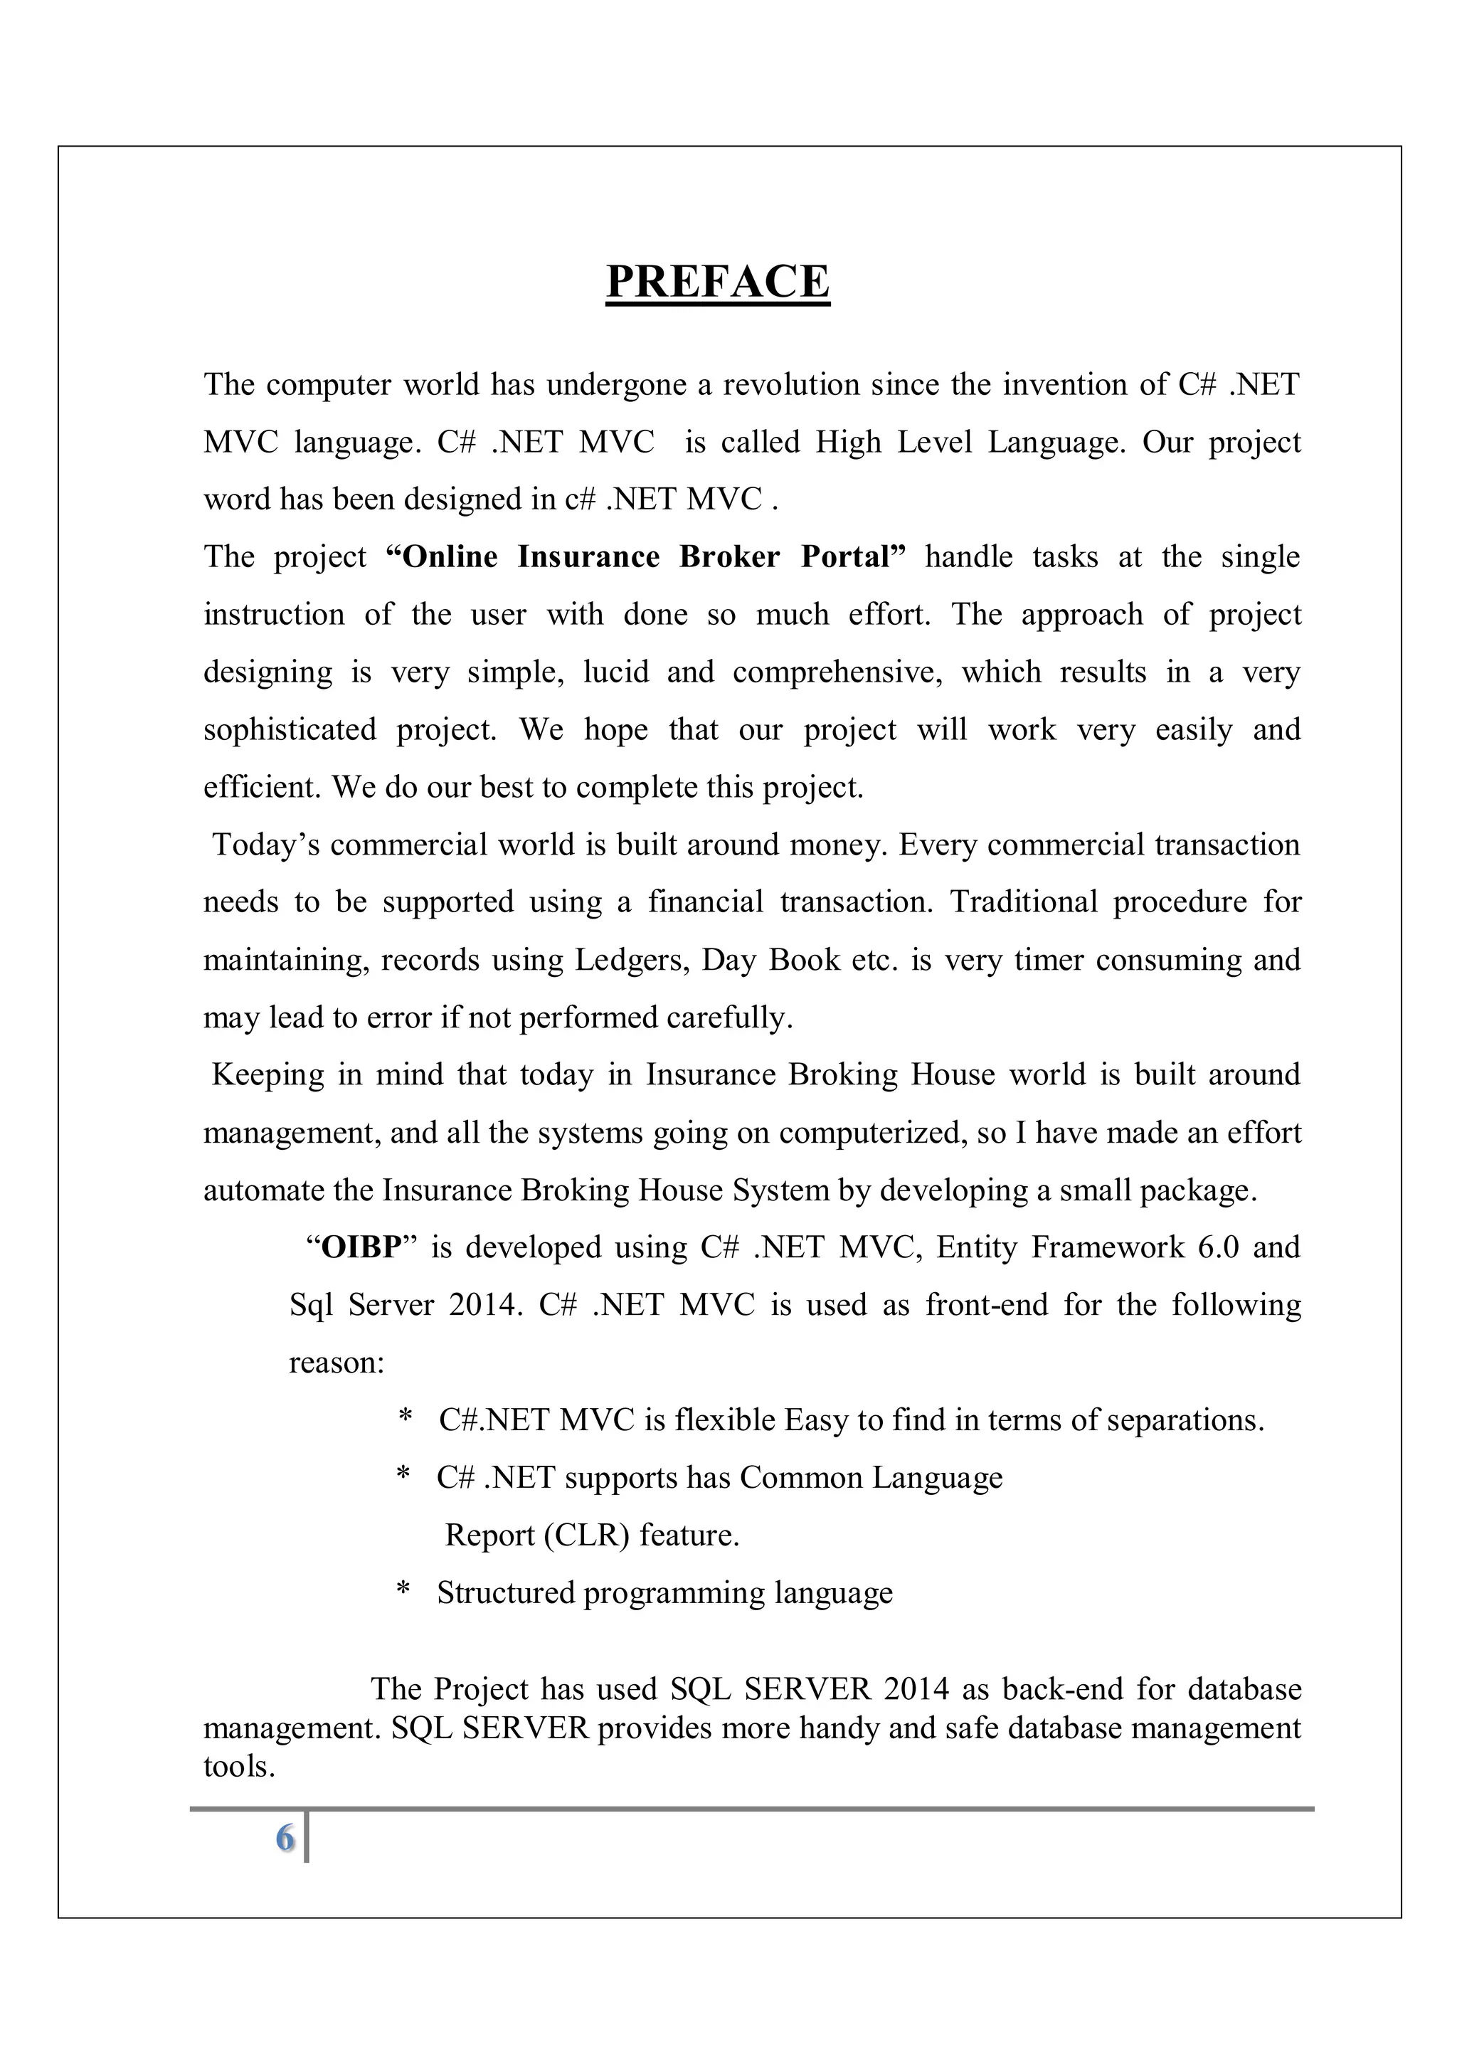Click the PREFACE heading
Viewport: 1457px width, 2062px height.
click(x=717, y=281)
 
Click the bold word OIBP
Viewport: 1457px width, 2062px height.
click(x=361, y=1247)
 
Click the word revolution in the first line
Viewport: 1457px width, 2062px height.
click(x=789, y=384)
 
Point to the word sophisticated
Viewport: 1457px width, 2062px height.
click(x=290, y=729)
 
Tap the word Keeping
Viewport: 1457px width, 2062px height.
click(x=267, y=1075)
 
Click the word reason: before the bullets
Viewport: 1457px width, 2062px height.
click(x=337, y=1363)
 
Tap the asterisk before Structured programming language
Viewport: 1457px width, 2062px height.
click(x=403, y=1592)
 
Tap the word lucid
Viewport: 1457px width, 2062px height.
click(x=616, y=672)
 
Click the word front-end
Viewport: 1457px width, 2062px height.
click(x=987, y=1305)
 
